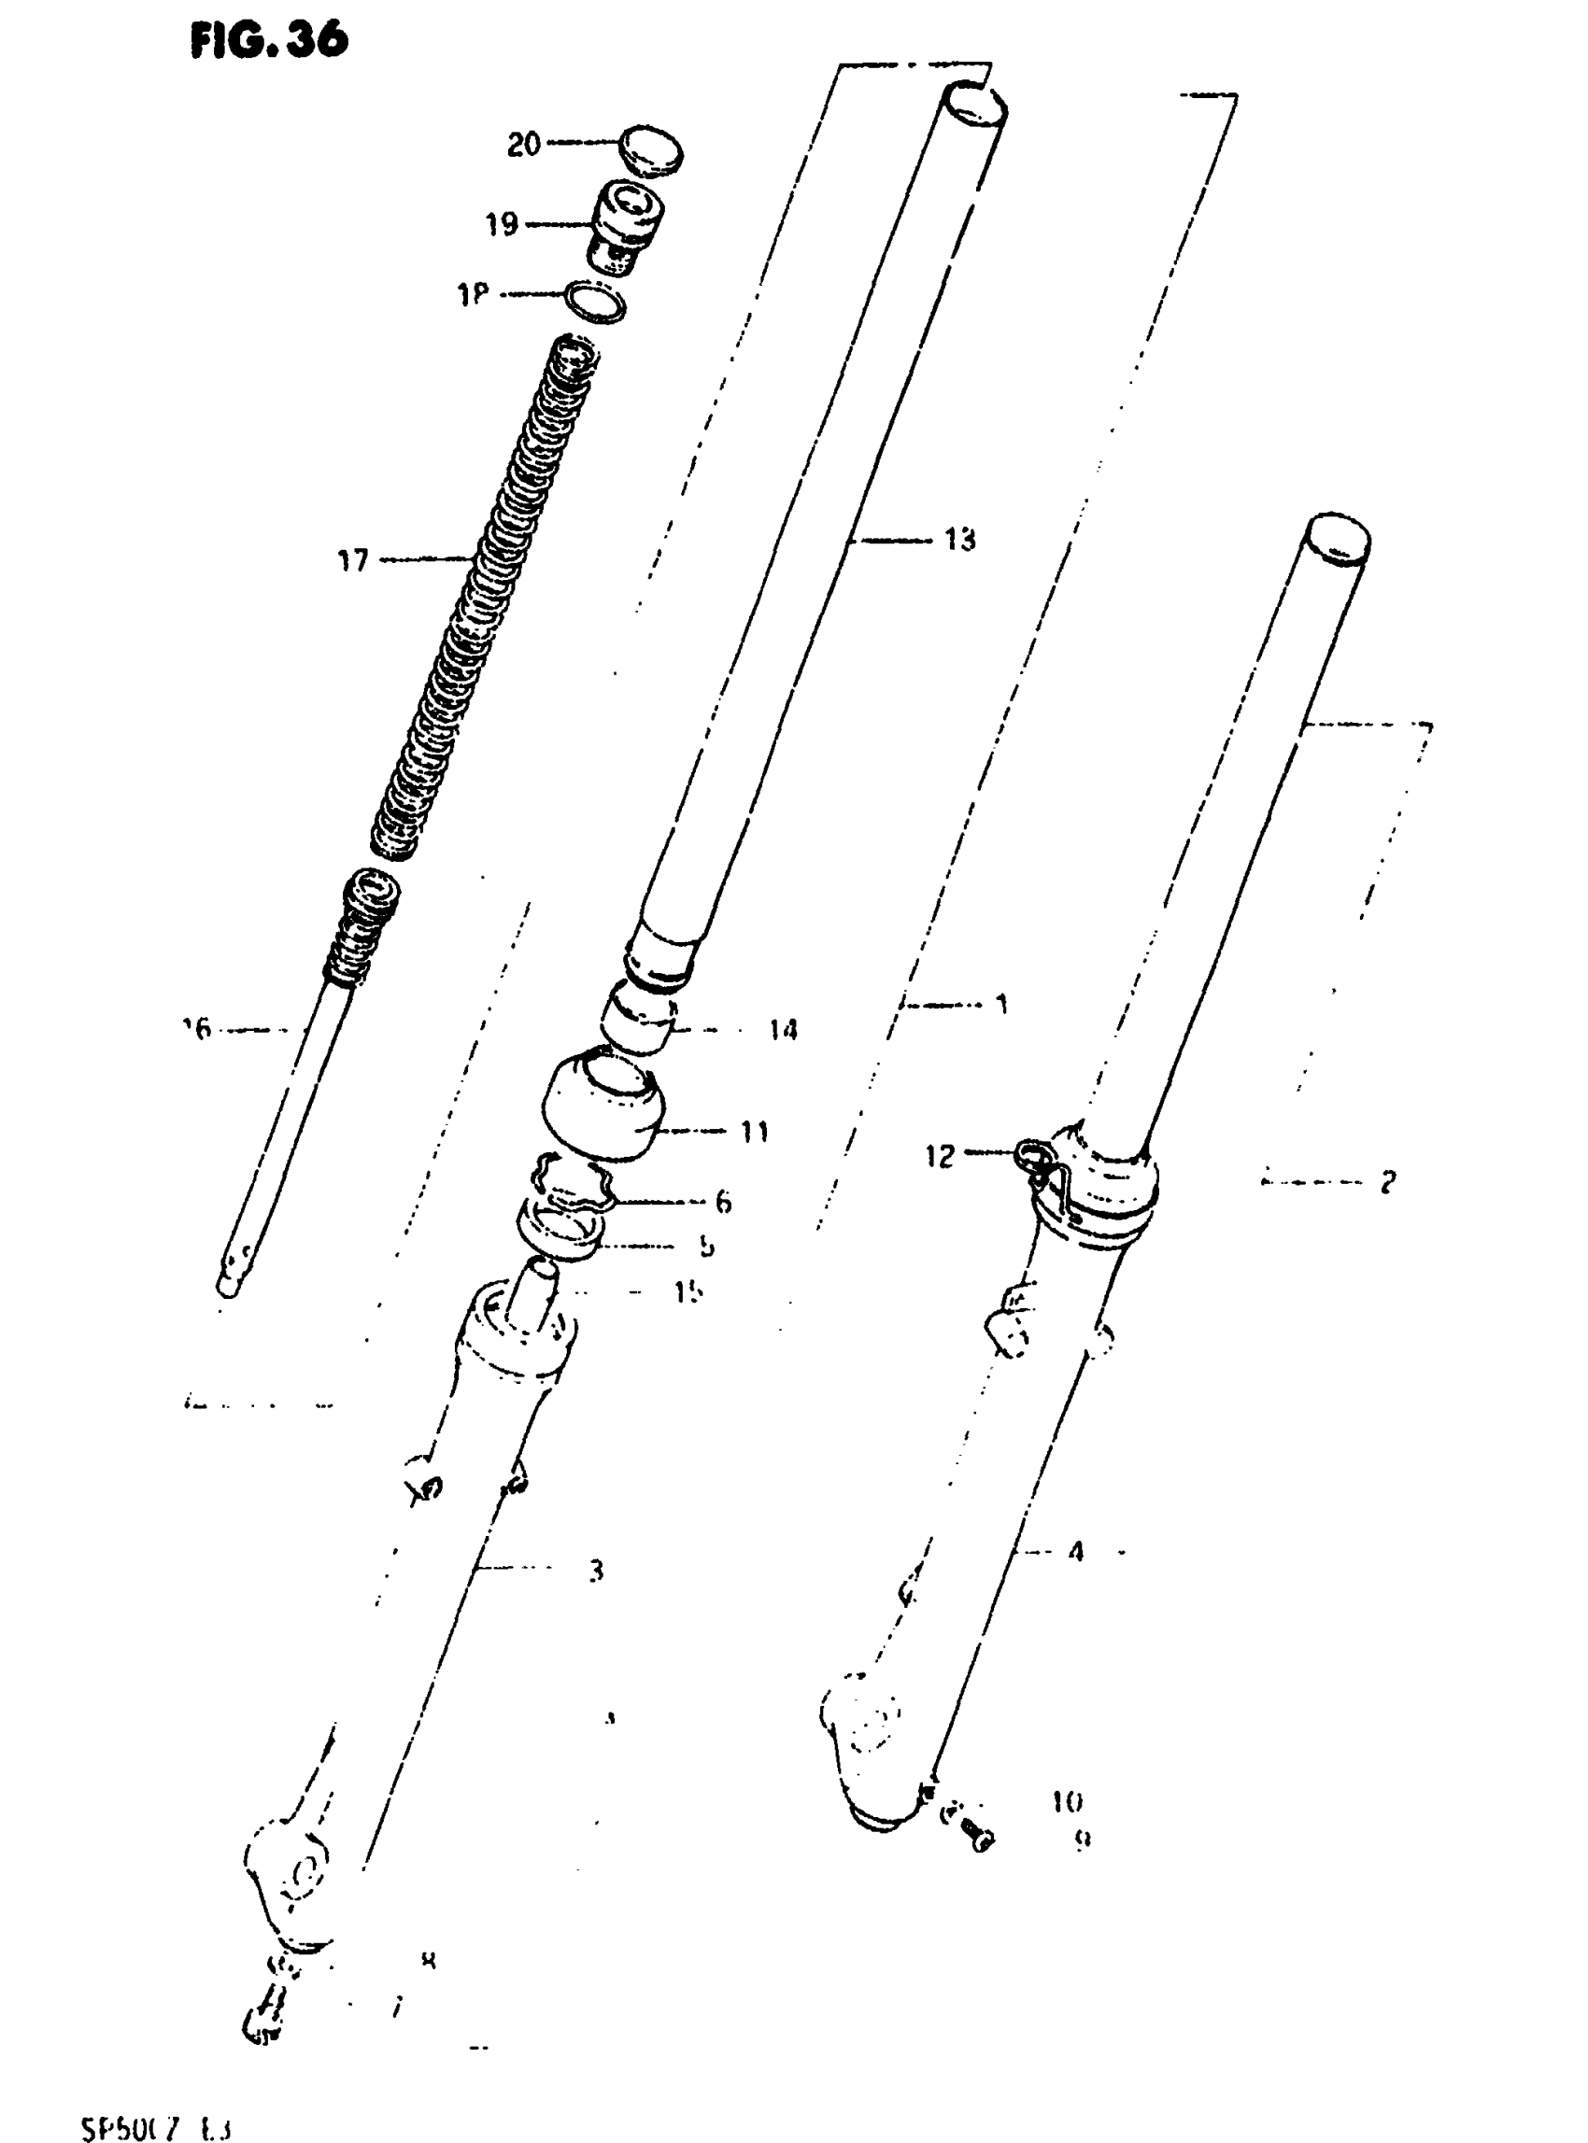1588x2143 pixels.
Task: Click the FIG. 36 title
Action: (x=269, y=40)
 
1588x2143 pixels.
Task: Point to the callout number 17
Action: (x=353, y=559)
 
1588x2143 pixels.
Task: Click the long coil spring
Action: (x=486, y=596)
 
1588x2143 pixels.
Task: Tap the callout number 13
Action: (x=959, y=540)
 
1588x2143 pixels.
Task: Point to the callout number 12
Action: (x=939, y=1156)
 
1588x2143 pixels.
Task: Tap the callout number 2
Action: (x=1386, y=1182)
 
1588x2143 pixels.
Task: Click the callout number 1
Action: (x=1001, y=1004)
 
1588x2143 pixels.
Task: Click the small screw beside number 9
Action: (x=975, y=1837)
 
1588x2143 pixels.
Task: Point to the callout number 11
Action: (x=755, y=1131)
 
